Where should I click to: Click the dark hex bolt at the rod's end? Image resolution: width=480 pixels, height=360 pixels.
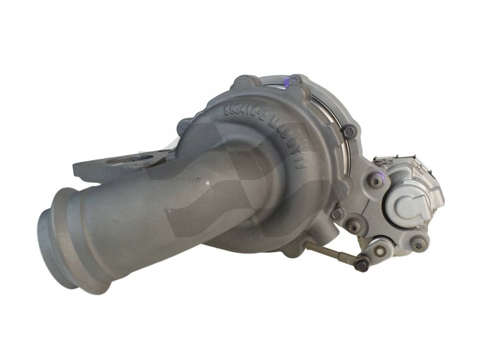(362, 264)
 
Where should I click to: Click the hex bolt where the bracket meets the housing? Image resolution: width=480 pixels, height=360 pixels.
(337, 213)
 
